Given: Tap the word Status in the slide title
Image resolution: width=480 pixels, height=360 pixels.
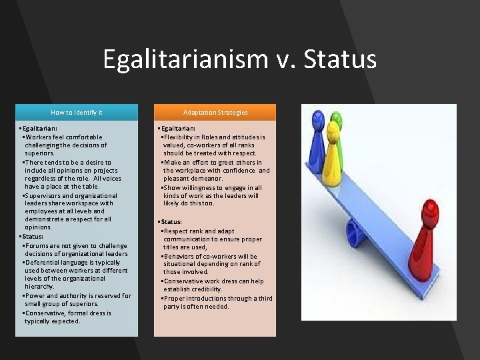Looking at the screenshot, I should pyautogui.click(x=339, y=59).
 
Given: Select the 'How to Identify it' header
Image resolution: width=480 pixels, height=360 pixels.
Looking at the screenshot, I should pyautogui.click(x=77, y=112).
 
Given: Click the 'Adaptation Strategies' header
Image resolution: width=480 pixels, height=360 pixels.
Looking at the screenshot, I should pyautogui.click(x=215, y=112).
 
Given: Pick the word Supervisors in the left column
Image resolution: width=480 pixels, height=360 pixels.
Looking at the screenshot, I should pyautogui.click(x=45, y=196).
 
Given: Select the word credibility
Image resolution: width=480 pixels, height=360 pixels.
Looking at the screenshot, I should pyautogui.click(x=207, y=289).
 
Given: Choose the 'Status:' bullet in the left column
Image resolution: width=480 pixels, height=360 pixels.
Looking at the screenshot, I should pyautogui.click(x=32, y=237).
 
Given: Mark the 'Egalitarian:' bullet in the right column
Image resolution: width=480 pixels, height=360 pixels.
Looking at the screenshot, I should pyautogui.click(x=177, y=128).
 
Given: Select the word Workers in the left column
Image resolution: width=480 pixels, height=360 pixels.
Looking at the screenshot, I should pyautogui.click(x=39, y=137).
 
